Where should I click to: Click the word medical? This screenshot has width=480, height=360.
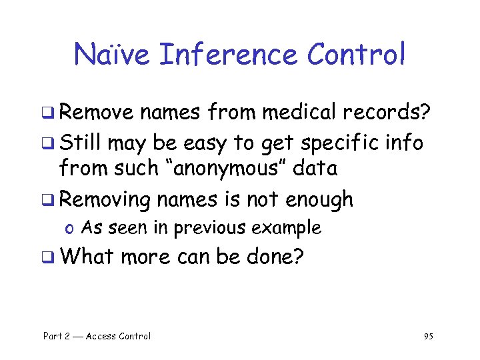(x=301, y=113)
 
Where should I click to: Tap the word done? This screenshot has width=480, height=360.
(x=273, y=257)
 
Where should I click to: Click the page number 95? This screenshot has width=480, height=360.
(x=428, y=336)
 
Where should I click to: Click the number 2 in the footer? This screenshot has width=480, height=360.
(x=68, y=336)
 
